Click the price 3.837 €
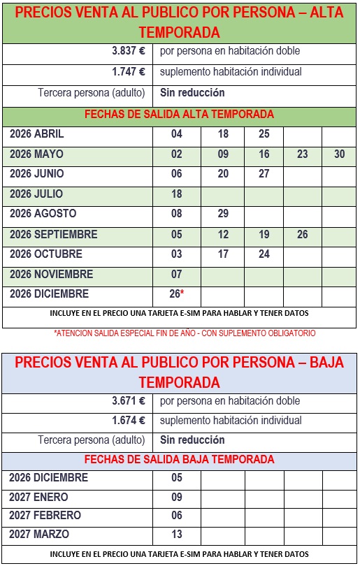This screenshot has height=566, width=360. (128, 51)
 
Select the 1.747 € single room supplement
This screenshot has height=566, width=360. (128, 71)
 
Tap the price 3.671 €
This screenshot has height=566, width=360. (128, 401)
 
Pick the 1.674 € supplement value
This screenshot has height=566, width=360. (128, 421)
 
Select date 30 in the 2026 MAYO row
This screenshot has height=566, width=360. (340, 154)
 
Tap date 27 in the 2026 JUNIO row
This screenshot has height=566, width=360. (264, 174)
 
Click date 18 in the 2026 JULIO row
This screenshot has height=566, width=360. (176, 194)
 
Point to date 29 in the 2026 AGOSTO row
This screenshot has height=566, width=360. (223, 214)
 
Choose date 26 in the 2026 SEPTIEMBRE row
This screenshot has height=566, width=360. (302, 235)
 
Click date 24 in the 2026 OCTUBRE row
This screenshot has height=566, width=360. (264, 254)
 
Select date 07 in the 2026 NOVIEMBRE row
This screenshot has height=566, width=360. (176, 275)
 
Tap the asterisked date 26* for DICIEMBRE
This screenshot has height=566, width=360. (177, 294)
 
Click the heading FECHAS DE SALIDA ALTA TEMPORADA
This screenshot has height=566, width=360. (179, 115)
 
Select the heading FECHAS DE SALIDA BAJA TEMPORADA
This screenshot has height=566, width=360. (179, 460)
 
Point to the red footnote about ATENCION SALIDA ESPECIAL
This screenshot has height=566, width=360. (185, 333)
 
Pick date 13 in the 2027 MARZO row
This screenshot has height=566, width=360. (176, 535)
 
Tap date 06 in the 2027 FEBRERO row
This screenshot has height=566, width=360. (176, 516)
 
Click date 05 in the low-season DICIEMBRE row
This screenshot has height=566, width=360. (176, 478)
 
